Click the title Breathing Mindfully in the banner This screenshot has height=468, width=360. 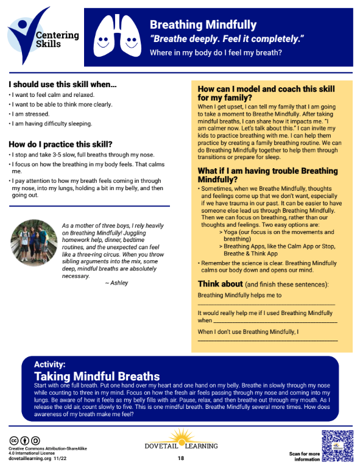[x=203, y=25]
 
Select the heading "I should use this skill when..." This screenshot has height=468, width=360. [x=63, y=85]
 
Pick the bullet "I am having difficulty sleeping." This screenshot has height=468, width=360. [x=50, y=124]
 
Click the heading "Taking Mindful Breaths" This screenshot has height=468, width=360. [x=97, y=376]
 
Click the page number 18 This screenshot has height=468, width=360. [x=181, y=458]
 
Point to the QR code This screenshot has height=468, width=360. [x=337, y=445]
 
